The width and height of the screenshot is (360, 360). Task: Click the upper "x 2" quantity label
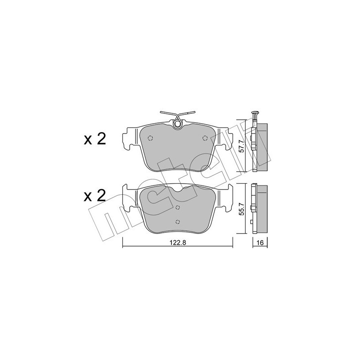point(94,139)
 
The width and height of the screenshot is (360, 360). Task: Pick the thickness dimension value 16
point(260,242)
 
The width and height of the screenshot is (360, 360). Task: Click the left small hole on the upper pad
point(150,138)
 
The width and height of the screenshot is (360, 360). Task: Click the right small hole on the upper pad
point(205,138)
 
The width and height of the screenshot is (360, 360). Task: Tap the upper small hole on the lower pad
point(178,207)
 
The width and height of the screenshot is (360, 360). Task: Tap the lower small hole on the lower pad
point(178,221)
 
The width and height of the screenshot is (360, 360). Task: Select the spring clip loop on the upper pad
point(178,122)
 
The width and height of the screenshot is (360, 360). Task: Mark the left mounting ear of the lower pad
point(130,197)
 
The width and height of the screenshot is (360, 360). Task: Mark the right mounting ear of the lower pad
point(226,197)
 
